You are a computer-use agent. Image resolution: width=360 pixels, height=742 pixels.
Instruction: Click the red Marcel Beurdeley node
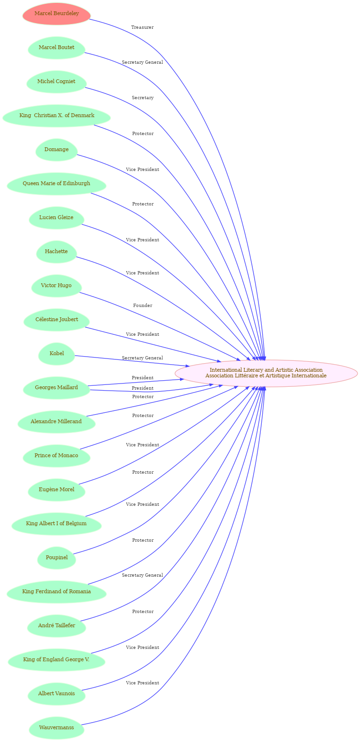pyautogui.click(x=56, y=14)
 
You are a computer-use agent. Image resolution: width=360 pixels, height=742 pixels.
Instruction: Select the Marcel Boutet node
pyautogui.click(x=56, y=47)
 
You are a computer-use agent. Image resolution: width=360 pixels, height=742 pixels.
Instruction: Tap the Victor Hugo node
pyautogui.click(x=56, y=286)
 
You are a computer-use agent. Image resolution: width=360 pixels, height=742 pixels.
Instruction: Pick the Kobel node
pyautogui.click(x=57, y=353)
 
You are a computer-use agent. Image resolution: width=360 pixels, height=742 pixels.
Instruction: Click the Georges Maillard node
pyautogui.click(x=56, y=388)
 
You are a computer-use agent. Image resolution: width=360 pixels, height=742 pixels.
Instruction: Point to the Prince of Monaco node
pyautogui.click(x=56, y=455)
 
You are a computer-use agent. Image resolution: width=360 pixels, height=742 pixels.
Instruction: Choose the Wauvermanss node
pyautogui.click(x=56, y=728)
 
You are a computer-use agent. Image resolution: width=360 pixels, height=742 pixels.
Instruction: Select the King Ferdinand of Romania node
pyautogui.click(x=56, y=592)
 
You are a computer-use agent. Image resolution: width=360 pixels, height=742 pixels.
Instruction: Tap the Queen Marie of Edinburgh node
pyautogui.click(x=56, y=184)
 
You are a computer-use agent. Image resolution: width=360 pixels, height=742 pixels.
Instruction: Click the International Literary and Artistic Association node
pyautogui.click(x=266, y=373)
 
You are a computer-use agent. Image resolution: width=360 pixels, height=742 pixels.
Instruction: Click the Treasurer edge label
pyautogui.click(x=143, y=27)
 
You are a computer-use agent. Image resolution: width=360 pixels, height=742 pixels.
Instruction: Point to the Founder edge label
pyautogui.click(x=143, y=306)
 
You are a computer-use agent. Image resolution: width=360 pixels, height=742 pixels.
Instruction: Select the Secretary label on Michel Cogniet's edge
pyautogui.click(x=143, y=98)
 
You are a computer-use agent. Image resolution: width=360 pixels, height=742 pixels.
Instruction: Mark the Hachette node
pyautogui.click(x=56, y=251)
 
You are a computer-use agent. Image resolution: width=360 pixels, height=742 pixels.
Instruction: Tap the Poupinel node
pyautogui.click(x=57, y=557)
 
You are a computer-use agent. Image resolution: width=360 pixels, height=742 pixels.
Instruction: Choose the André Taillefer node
pyautogui.click(x=56, y=626)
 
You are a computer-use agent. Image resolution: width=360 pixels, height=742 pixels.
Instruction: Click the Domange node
pyautogui.click(x=56, y=149)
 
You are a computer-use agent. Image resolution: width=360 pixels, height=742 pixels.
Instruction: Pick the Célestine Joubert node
pyautogui.click(x=57, y=320)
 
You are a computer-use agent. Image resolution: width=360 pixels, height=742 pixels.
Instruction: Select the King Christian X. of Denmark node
pyautogui.click(x=57, y=116)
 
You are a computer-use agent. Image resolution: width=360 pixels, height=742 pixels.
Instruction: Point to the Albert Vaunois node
pyautogui.click(x=56, y=694)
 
